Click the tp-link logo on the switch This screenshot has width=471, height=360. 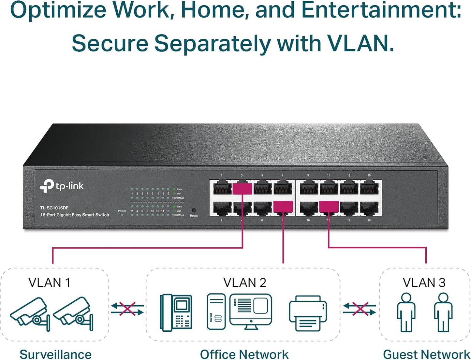tap(62, 186)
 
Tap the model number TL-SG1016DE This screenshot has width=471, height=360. tap(54, 208)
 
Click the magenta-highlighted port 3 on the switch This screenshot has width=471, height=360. tap(242, 188)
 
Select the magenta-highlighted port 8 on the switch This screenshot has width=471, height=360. tap(283, 207)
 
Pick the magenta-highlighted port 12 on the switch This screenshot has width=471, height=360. tap(329, 207)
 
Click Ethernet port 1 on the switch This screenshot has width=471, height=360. tap(222, 188)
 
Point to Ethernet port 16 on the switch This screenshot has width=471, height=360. tap(369, 208)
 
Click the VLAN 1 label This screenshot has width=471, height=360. tap(49, 283)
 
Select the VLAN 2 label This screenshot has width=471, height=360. tap(244, 283)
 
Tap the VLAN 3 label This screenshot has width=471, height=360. tap(424, 283)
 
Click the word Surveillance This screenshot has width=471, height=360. tap(55, 354)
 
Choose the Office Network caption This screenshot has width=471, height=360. tap(244, 354)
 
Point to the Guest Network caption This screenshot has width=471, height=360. tap(426, 354)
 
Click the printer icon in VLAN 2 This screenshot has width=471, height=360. tap(308, 313)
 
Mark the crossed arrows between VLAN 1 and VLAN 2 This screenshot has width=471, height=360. tap(127, 309)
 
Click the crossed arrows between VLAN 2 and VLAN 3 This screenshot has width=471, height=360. tap(360, 309)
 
